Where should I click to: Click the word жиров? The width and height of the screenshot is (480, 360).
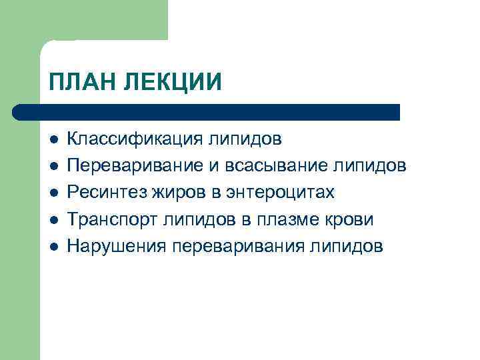[x=173, y=193]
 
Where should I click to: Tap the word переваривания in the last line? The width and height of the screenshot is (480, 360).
[x=238, y=246]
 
